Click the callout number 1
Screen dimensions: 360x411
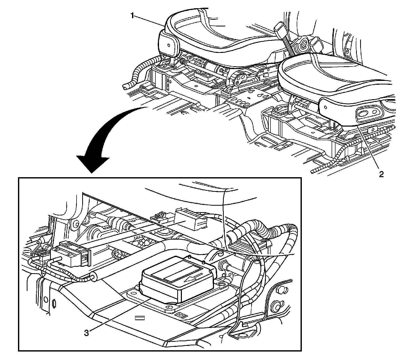click(x=132, y=16)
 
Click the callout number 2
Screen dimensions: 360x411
click(x=381, y=174)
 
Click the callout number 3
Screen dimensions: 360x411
click(x=87, y=333)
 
